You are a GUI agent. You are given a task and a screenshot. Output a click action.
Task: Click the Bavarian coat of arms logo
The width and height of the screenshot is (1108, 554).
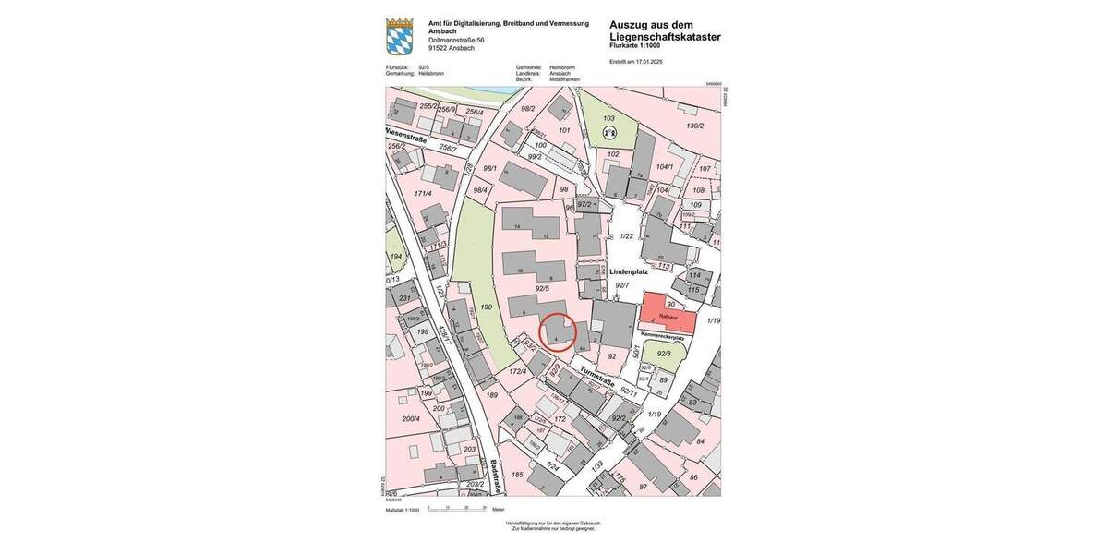coord(399,36)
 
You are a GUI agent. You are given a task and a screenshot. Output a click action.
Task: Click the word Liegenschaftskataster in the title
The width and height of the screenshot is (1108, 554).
coord(665,37)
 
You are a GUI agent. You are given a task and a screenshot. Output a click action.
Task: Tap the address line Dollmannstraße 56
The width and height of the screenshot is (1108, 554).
coord(456,41)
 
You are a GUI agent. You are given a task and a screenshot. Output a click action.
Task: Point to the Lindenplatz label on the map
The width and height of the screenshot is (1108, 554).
coord(629,271)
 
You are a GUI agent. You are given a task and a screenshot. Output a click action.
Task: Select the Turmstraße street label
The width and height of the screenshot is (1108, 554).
coord(598,375)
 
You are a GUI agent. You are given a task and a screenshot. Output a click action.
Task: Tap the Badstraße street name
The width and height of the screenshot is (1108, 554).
coord(496,475)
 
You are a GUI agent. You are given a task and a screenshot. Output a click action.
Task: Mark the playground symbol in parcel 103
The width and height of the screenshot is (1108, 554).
coord(608,133)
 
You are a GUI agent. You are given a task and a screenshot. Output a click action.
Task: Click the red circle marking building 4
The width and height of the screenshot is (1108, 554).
coord(557,331)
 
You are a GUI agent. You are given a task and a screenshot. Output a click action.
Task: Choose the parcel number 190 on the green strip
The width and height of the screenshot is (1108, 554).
coord(486,307)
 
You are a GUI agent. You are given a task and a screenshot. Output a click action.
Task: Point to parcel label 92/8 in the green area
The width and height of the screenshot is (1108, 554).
coord(664,353)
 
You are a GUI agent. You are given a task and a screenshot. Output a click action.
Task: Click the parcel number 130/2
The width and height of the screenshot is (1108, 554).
coord(694,126)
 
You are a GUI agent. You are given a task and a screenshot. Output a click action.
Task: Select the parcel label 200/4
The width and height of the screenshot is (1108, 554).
coord(411,419)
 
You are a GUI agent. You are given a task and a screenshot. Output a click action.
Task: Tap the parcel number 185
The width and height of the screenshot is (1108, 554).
coord(517,475)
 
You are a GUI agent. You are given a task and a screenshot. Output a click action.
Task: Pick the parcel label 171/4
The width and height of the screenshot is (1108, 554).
coord(423,194)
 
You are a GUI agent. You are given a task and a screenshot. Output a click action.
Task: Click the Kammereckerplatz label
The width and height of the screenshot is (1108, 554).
coord(662,337)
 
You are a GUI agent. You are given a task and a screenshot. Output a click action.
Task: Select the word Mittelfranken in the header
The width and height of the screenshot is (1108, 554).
coord(564,79)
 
